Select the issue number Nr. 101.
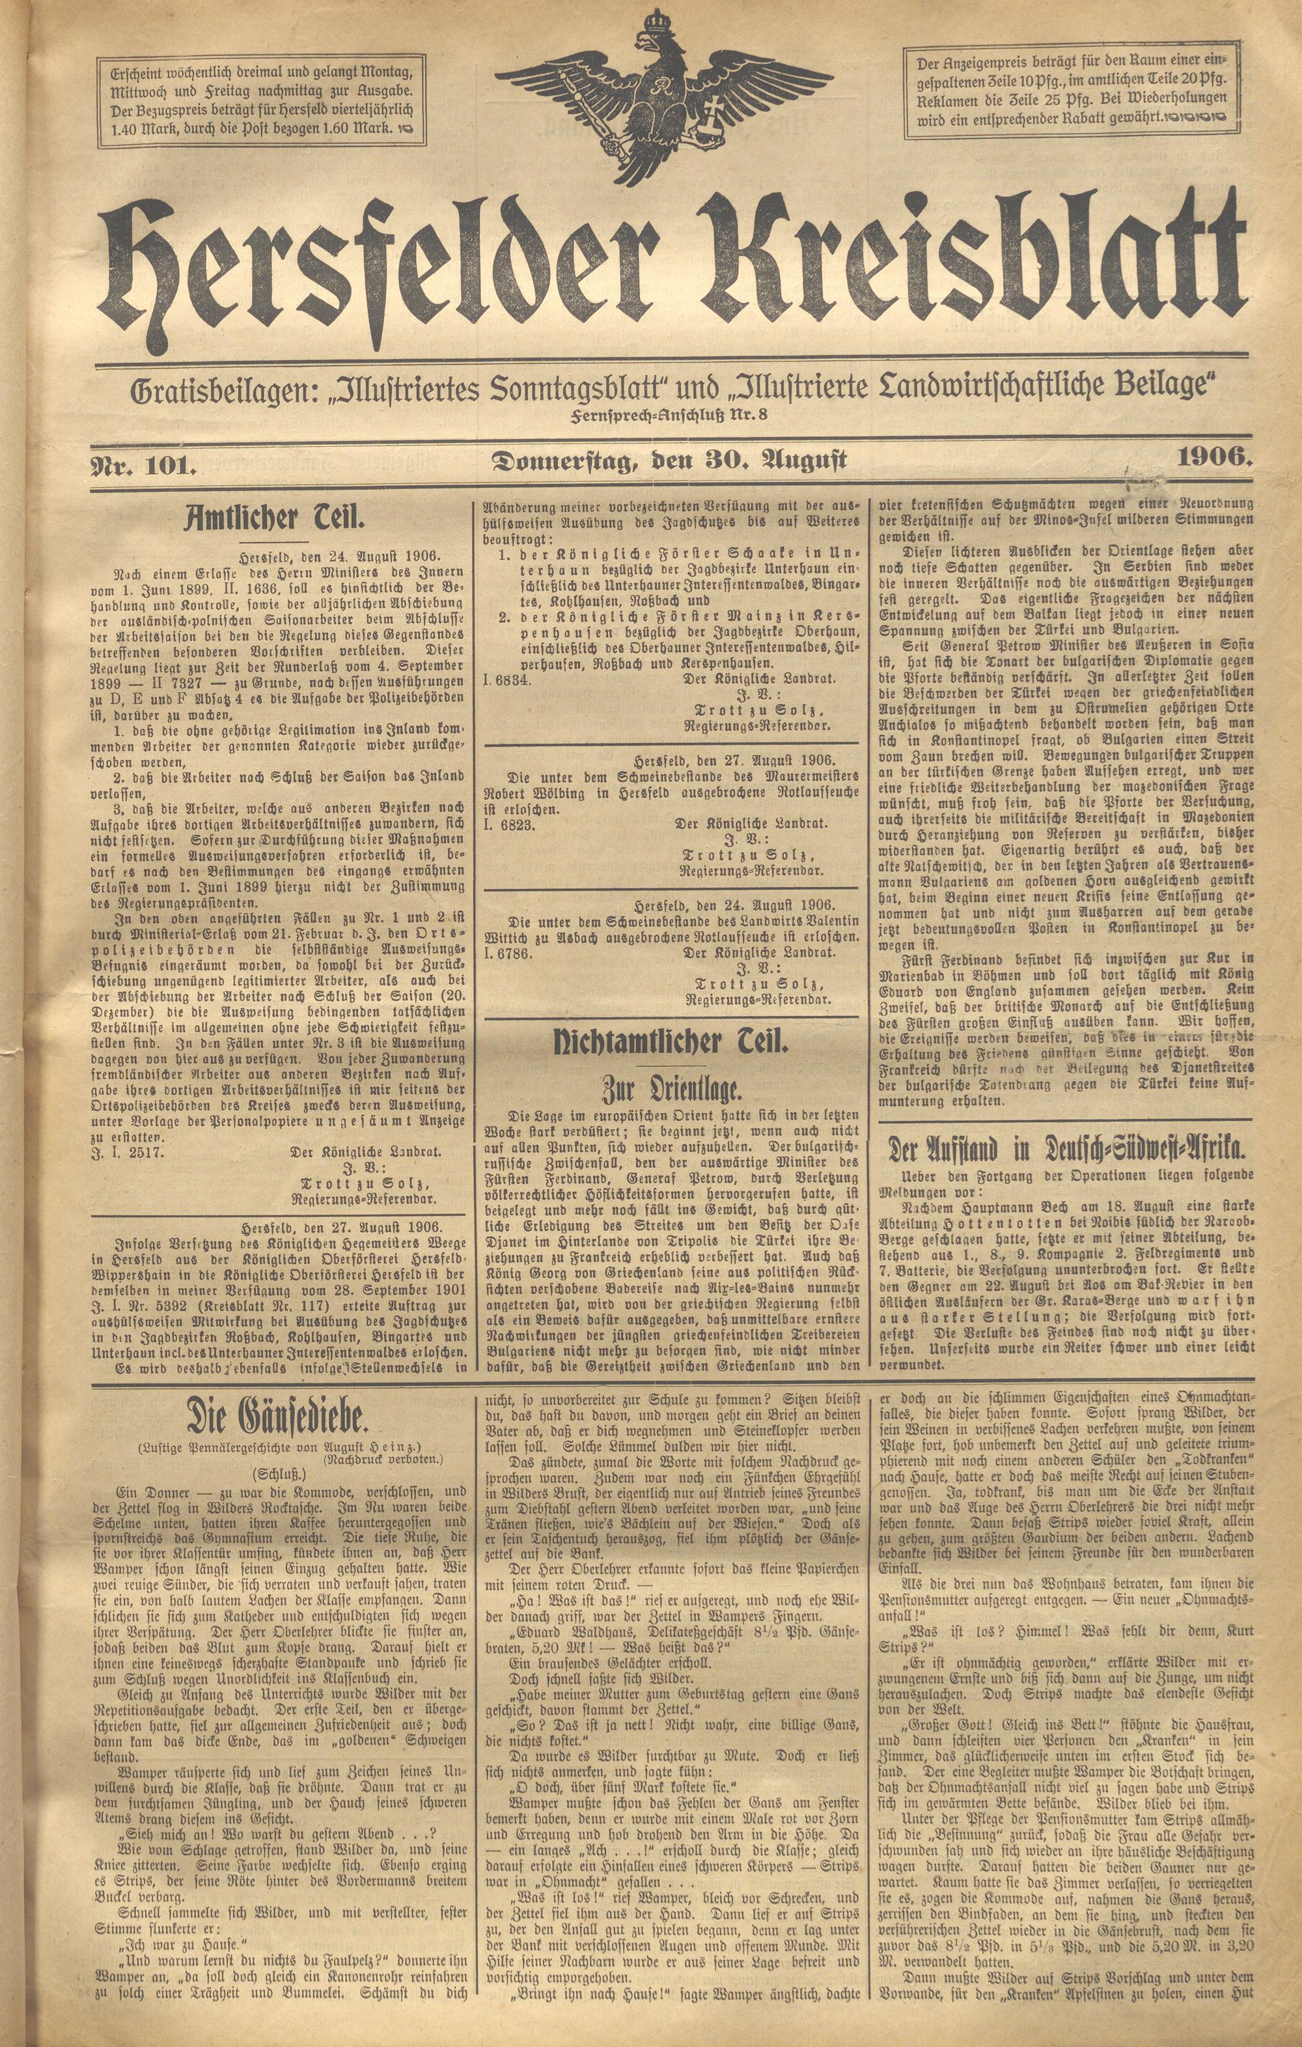coord(145,465)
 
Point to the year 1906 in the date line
coord(1213,457)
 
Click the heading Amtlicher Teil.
coord(275,518)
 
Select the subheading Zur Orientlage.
coord(671,1089)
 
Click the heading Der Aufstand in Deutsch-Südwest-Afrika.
coord(1066,1150)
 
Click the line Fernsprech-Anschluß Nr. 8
coord(670,414)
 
